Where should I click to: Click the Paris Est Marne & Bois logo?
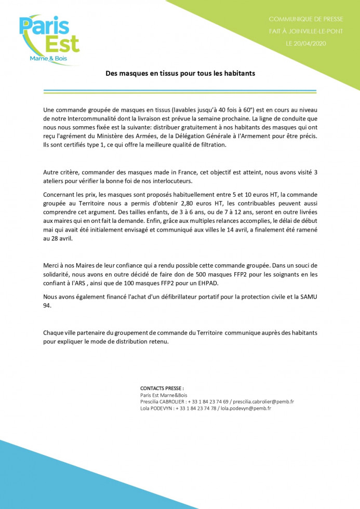click(x=49, y=39)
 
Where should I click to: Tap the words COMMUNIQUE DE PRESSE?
click(x=305, y=19)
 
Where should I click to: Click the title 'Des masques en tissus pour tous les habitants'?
click(x=180, y=74)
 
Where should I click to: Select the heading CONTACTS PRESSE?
click(x=162, y=388)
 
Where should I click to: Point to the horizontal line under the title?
click(x=180, y=91)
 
